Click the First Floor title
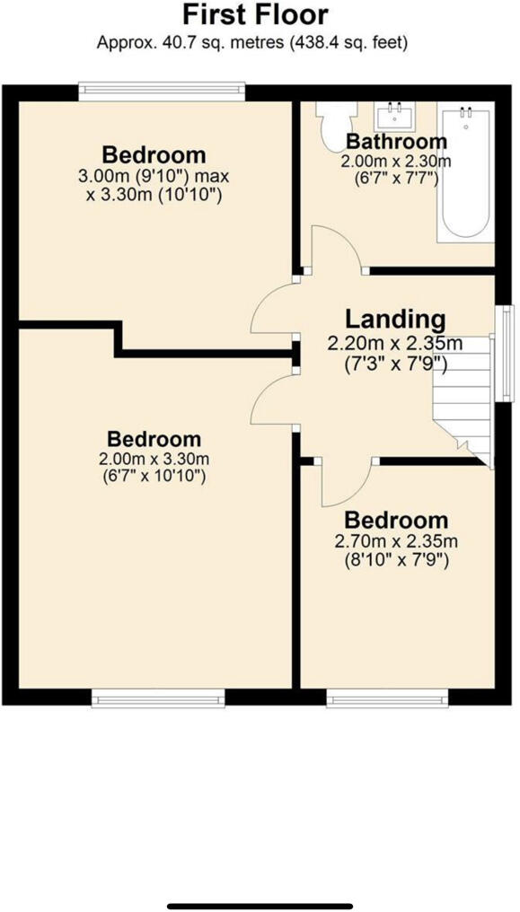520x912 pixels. pos(255,15)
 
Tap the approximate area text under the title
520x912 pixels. pos(255,41)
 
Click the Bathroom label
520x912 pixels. pos(396,141)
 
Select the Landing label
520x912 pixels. pos(395,319)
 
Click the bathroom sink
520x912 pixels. pos(394,115)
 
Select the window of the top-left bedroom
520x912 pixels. pos(162,89)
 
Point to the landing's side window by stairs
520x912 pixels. pos(507,355)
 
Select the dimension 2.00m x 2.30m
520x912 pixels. pos(396,161)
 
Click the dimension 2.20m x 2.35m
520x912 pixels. pos(395,344)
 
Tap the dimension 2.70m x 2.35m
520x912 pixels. pos(396,541)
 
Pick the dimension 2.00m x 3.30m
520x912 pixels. pos(154,460)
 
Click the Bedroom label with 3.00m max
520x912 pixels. pos(154,153)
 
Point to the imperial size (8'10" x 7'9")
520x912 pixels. pos(396,561)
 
